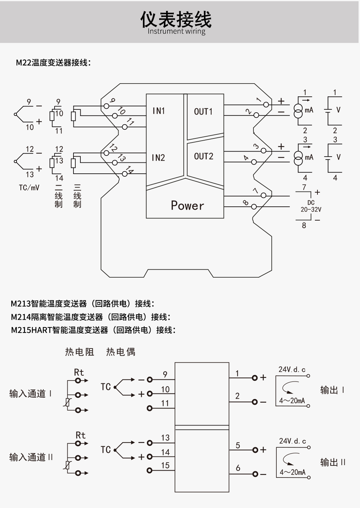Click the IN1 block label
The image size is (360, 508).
159,111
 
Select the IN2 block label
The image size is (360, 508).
158,158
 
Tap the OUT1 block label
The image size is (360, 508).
203,112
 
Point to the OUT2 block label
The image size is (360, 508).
203,157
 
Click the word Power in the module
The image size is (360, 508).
187,206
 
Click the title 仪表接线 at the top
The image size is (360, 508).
176,19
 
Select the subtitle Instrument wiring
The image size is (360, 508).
176,31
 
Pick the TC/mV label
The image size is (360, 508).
29,188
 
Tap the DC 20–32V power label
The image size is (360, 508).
311,206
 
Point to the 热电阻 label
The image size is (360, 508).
80,352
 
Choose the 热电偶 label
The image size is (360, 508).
121,352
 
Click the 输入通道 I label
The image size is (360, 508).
31,394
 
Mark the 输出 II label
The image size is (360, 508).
333,462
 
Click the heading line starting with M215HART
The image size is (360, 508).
93,330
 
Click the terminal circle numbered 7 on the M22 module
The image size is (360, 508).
264,195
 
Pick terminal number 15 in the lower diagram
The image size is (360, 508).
165,465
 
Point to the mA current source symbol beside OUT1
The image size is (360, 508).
298,110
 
